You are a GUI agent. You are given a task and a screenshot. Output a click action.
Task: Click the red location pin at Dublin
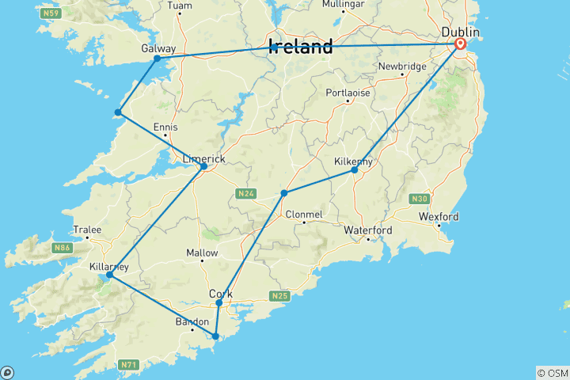point(459,44)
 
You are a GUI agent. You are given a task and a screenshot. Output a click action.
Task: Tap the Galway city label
point(158,48)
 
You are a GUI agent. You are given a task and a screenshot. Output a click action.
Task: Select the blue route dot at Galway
point(157,59)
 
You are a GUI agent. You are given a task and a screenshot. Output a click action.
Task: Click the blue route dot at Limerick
point(203,166)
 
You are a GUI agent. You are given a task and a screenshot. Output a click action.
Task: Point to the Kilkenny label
point(354,161)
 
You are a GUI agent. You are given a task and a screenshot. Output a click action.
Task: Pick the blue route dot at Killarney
point(109,275)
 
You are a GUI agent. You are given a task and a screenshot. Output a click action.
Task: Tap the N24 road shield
point(244,193)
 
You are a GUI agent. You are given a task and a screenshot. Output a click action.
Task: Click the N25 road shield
point(279,296)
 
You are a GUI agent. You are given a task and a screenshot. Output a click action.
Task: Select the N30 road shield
point(418,198)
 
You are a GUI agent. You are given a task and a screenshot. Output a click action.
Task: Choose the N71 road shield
point(129,364)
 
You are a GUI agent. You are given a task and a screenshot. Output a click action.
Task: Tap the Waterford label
point(368,230)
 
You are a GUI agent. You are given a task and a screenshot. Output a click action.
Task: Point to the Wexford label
point(440,216)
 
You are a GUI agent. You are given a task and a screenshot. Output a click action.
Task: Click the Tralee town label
point(87,230)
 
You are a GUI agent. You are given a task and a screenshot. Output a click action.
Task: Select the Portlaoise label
point(349,93)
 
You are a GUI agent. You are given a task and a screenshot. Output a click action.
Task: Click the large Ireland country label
point(301,47)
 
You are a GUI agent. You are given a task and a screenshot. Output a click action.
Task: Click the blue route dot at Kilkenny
point(355,170)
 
